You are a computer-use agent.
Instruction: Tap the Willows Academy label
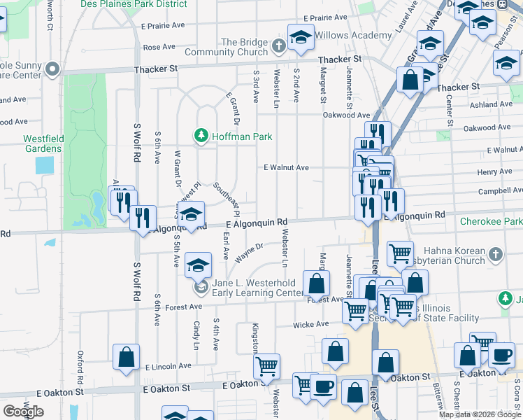pos(353,36)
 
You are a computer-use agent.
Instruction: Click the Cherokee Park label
pos(491,221)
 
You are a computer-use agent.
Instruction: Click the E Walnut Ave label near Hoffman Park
pos(286,168)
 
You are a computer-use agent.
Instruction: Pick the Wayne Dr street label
pos(249,253)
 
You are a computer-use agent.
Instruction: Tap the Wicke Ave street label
pos(310,324)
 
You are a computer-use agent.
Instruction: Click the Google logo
pos(23,412)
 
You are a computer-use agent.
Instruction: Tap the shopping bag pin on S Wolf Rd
pos(127,357)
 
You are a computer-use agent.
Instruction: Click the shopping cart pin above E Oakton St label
pos(267,366)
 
